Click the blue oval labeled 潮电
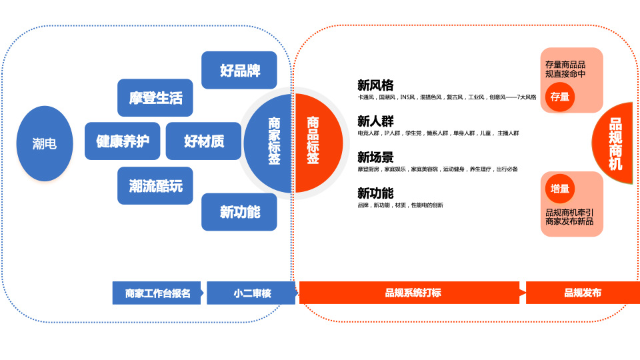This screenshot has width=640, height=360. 45,143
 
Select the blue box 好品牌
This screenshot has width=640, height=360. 239,70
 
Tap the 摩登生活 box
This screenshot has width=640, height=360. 155,98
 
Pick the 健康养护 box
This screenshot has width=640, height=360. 123,141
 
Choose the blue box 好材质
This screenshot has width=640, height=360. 203,141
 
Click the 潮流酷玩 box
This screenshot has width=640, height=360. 155,185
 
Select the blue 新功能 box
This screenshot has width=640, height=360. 239,212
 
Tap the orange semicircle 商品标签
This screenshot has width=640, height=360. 314,142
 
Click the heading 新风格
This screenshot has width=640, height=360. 375,85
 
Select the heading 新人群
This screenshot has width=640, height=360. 375,121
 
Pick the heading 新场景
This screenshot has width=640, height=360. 375,157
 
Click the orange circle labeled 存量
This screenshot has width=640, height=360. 560,97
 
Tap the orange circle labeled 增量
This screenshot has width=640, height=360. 560,189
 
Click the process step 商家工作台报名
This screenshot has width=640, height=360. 158,293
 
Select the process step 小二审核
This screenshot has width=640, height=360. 251,293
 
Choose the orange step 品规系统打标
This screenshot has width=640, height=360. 411,293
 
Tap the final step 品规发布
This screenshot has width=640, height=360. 581,293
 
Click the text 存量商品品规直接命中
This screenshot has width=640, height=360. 565,69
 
